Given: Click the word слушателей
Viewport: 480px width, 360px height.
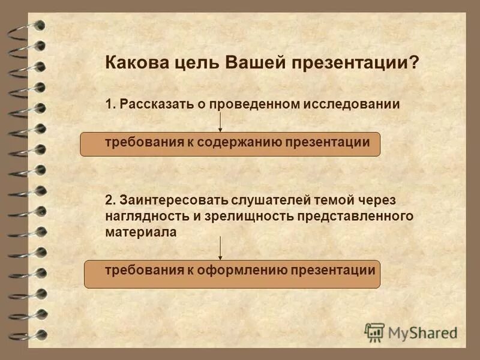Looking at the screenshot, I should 259,199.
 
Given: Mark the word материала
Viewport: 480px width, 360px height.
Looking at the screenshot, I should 140,232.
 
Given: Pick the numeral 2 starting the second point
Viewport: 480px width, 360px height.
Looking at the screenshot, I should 109,199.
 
